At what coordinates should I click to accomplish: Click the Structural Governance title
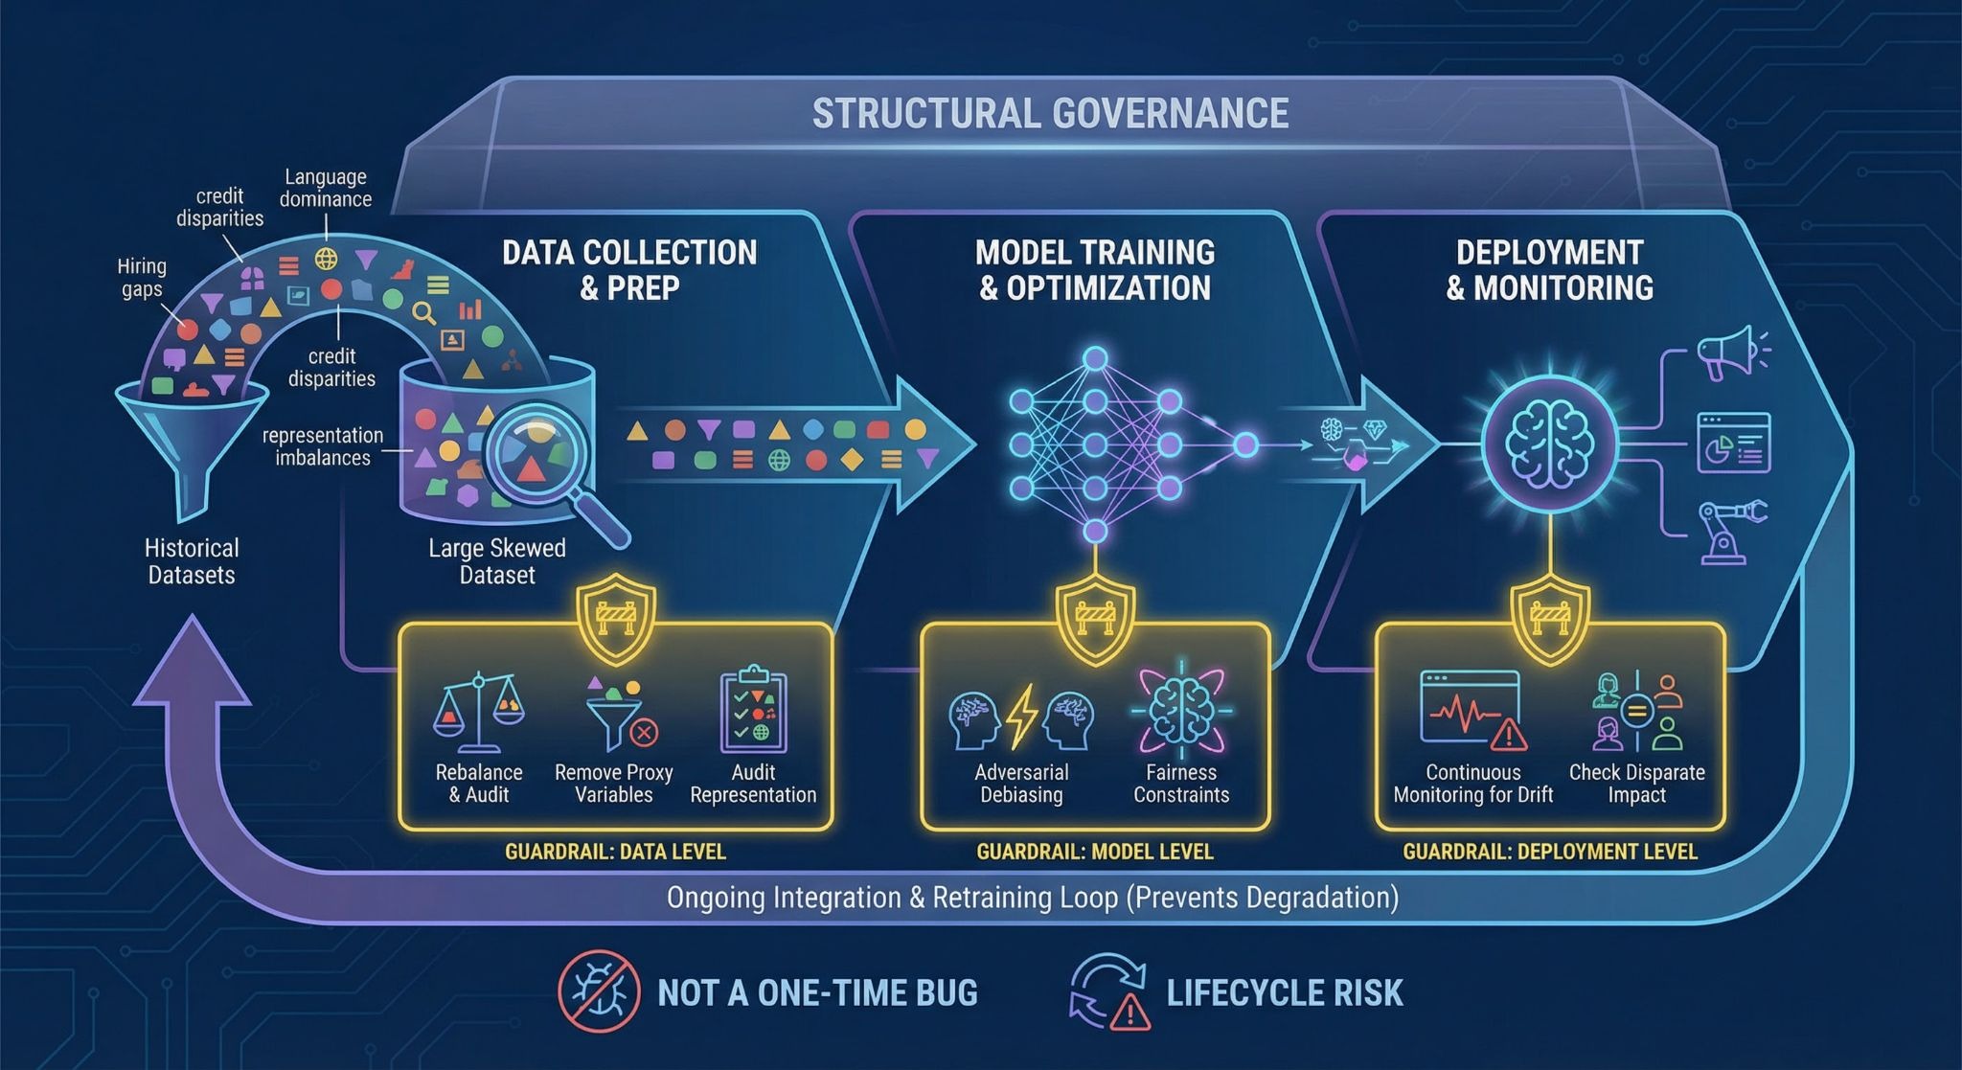click(1050, 113)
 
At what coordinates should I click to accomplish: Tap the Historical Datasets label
click(192, 561)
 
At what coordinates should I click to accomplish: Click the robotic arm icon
click(1730, 531)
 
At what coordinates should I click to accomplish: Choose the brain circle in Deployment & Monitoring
click(1549, 444)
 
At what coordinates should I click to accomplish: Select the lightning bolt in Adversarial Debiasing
click(1021, 716)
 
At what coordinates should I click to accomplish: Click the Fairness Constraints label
click(1180, 784)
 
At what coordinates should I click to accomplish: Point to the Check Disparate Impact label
click(1636, 784)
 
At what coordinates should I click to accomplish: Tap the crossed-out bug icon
click(599, 991)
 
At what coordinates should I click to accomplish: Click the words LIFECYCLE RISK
click(1284, 992)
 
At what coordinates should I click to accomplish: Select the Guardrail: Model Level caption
click(1094, 852)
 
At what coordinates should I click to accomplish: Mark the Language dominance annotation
click(326, 188)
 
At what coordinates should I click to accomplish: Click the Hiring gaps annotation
click(142, 278)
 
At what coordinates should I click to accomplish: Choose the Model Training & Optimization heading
click(1094, 270)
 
